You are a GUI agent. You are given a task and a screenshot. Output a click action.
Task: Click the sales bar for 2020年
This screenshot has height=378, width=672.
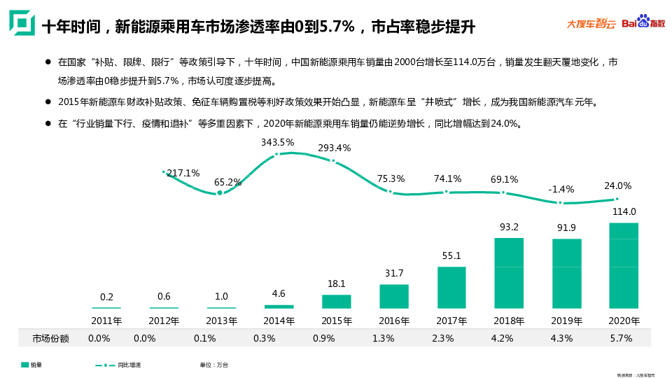pyautogui.click(x=624, y=265)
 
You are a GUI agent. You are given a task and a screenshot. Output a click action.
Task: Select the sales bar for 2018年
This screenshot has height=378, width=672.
pyautogui.click(x=509, y=273)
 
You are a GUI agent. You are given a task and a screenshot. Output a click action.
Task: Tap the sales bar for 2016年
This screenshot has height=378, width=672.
pyautogui.click(x=394, y=296)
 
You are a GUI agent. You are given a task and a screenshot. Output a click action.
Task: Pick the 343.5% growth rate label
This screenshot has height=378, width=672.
pyautogui.click(x=278, y=142)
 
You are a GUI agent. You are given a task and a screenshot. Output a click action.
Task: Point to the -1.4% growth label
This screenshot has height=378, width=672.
pyautogui.click(x=561, y=189)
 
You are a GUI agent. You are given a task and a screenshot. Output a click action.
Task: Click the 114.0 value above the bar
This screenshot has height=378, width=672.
pyautogui.click(x=624, y=211)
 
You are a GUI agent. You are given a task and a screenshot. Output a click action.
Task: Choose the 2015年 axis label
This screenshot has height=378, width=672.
pyautogui.click(x=336, y=321)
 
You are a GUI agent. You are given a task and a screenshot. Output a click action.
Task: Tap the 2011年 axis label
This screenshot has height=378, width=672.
pyautogui.click(x=106, y=321)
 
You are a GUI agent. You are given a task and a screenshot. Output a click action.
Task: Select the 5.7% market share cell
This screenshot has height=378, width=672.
pyautogui.click(x=622, y=338)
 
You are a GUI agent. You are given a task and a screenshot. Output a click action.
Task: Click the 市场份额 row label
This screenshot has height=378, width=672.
pyautogui.click(x=50, y=338)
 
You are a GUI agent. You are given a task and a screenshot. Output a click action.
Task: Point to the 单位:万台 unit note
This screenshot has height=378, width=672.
pyautogui.click(x=213, y=365)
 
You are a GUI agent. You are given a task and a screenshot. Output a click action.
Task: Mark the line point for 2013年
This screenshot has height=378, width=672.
pyautogui.click(x=220, y=192)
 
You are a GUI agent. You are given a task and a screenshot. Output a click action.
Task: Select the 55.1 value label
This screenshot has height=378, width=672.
pyautogui.click(x=451, y=256)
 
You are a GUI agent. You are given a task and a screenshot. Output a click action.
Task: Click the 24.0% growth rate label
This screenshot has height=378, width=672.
pyautogui.click(x=618, y=186)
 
